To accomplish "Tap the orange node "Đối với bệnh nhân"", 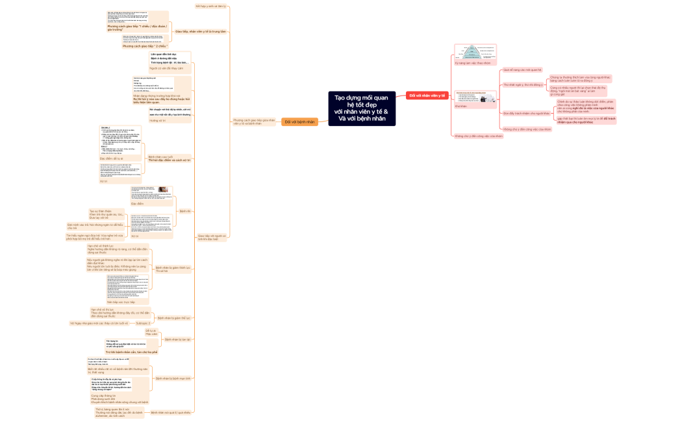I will pyautogui.click(x=299, y=121).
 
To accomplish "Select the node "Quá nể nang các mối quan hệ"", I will pyautogui.click(x=522, y=69).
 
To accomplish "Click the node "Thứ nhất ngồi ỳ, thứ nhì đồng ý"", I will pyautogui.click(x=523, y=84).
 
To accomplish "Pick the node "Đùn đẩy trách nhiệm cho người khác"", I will pyautogui.click(x=525, y=113).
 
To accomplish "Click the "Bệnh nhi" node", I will pyautogui.click(x=185, y=211).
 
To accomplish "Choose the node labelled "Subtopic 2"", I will pyautogui.click(x=143, y=323).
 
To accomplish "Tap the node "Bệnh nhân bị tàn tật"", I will pyautogui.click(x=177, y=340).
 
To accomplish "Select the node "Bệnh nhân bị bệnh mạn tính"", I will pyautogui.click(x=173, y=378).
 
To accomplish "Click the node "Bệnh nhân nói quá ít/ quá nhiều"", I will pyautogui.click(x=171, y=412).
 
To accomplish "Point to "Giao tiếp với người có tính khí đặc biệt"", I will pyautogui.click(x=212, y=237).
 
